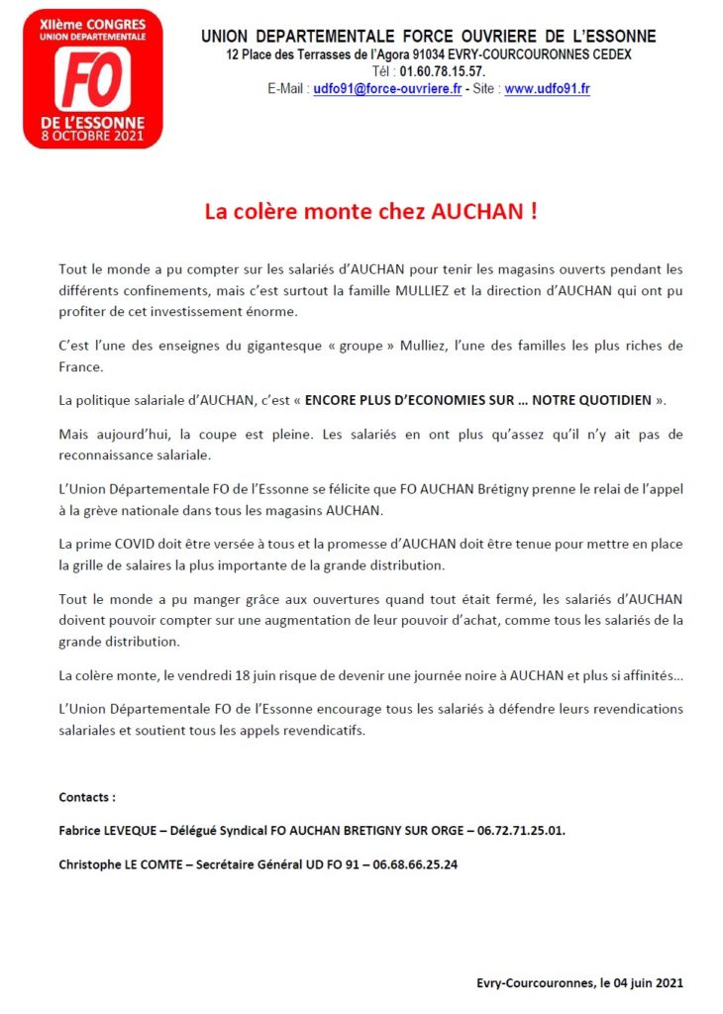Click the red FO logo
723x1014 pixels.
pos(91,78)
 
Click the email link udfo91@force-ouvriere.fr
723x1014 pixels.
pos(387,89)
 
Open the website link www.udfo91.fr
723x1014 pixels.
pos(547,89)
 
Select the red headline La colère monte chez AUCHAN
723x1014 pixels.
pos(370,212)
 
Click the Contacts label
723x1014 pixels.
pos(87,797)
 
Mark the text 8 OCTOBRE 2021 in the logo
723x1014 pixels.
pos(91,135)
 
